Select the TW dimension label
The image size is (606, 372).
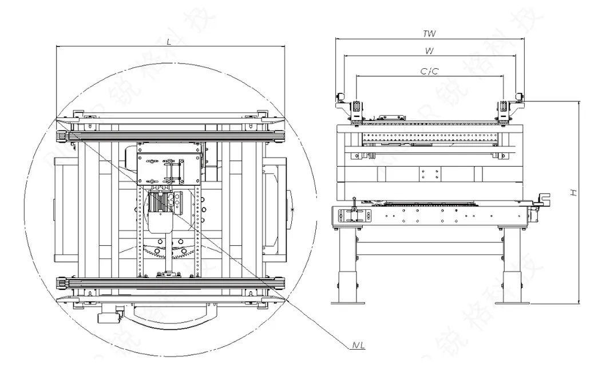pyautogui.click(x=429, y=34)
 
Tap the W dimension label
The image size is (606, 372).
pyautogui.click(x=429, y=51)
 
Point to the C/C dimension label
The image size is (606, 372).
pyautogui.click(x=429, y=71)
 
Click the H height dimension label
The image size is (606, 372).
pyautogui.click(x=573, y=193)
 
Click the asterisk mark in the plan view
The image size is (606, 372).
pyautogui.click(x=293, y=212)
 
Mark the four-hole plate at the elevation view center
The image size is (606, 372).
pyautogui.click(x=429, y=174)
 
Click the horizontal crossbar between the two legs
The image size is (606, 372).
pyautogui.click(x=429, y=248)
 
